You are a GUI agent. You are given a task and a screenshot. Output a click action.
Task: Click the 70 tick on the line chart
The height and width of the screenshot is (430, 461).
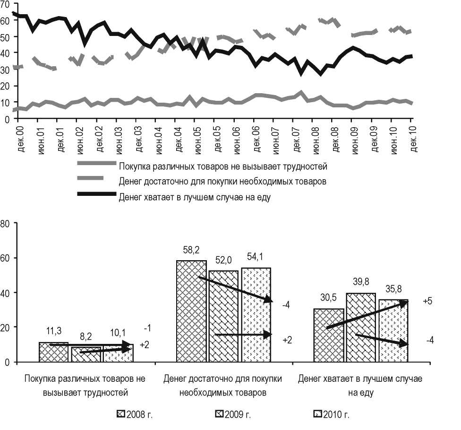[x=6, y=5]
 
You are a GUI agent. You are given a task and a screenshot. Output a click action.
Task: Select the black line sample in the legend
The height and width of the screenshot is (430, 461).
[x=96, y=194]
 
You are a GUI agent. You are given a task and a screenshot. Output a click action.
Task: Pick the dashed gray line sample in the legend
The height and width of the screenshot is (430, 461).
[x=96, y=178]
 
